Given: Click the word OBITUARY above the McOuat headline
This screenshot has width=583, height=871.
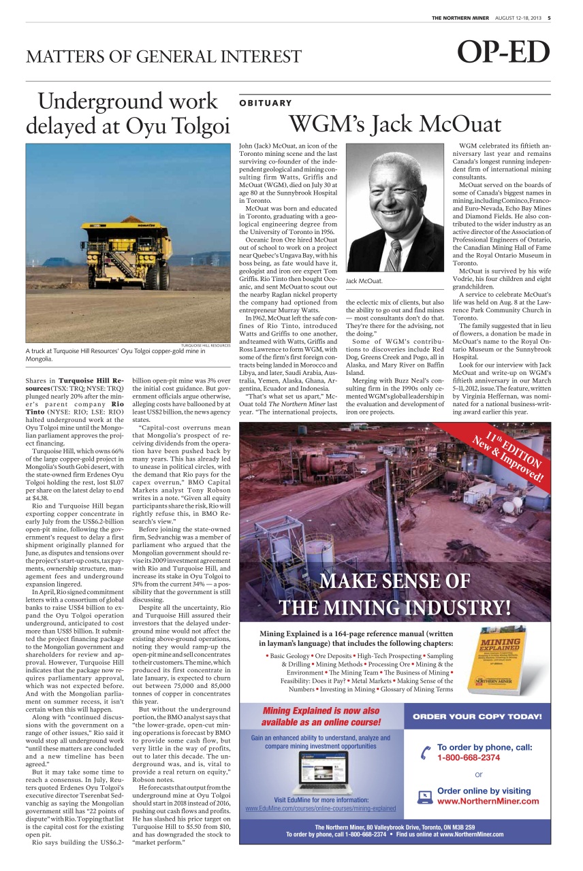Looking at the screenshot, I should point(266,103).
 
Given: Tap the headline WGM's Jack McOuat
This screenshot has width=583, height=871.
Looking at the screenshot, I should point(395,125).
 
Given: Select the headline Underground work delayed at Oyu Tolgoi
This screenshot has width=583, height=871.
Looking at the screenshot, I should point(127,114).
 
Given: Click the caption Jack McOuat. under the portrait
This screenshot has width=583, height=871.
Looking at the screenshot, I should point(364,280).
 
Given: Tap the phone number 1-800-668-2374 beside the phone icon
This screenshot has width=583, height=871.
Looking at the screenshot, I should point(469,757).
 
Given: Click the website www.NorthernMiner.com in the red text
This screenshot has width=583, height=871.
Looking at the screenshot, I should point(488,801).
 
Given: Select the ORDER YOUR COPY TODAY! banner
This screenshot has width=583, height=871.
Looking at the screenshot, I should point(477,717).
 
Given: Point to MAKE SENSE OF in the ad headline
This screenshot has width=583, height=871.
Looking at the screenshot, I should point(394,580).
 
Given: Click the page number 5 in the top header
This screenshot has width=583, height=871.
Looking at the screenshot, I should point(549,18).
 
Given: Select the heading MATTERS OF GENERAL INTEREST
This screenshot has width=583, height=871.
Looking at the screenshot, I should point(163,56).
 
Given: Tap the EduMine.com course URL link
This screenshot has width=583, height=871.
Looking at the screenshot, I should point(321,808).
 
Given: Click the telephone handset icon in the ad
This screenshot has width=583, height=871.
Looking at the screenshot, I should point(426,753).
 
